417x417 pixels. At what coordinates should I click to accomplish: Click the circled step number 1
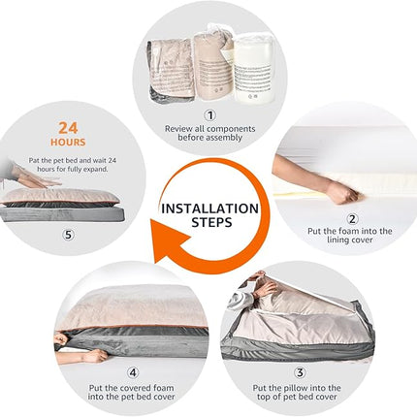click(210, 115)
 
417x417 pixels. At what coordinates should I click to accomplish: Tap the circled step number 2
click(352, 219)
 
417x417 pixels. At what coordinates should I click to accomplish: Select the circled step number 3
click(300, 372)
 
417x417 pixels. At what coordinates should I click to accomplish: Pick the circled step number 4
click(133, 372)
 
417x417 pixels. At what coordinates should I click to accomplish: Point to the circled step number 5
click(68, 235)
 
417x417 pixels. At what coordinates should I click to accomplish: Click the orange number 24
click(68, 128)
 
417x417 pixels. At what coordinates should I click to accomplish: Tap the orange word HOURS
click(68, 143)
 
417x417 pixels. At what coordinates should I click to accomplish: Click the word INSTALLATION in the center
click(210, 208)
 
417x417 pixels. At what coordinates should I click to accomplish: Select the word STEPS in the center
click(211, 222)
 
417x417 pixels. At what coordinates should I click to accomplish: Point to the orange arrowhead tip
click(151, 220)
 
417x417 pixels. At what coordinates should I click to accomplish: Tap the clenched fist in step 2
click(346, 193)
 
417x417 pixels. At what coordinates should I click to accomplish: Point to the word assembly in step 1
click(223, 138)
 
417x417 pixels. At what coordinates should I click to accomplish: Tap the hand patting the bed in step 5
click(41, 181)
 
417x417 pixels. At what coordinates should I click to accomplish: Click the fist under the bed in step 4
click(95, 356)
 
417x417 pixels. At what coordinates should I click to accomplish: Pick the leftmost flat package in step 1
click(171, 70)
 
